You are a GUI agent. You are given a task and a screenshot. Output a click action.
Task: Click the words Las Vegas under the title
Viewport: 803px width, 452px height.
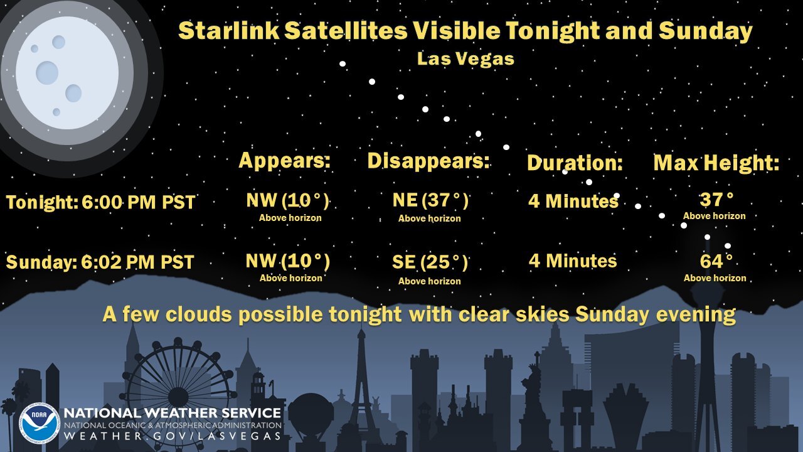click(465, 60)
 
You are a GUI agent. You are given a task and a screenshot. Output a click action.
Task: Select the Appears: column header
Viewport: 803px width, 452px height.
click(284, 161)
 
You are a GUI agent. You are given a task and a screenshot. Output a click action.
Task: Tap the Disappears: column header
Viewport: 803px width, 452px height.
click(428, 161)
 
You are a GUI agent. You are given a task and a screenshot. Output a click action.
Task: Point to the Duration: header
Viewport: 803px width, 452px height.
click(574, 163)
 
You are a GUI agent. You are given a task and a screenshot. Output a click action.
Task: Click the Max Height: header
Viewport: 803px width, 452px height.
click(716, 163)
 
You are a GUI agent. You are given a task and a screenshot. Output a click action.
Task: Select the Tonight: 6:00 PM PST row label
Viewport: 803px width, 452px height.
click(100, 203)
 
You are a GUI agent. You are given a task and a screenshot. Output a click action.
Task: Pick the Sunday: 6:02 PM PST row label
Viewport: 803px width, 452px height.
click(100, 262)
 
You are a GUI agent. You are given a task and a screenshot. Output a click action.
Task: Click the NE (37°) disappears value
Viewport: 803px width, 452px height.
click(430, 200)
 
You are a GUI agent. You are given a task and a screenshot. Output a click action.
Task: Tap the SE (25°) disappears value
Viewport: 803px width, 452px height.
click(430, 262)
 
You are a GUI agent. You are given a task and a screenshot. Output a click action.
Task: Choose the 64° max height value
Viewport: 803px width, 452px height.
click(716, 261)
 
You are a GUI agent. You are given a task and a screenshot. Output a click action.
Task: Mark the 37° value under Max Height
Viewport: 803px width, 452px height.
click(716, 200)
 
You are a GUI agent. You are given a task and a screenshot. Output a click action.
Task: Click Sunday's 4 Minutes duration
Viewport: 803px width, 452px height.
click(572, 261)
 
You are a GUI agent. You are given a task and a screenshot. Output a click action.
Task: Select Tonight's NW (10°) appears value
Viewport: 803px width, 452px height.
click(287, 200)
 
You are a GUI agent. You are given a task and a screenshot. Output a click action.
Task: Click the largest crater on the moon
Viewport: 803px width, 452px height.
click(46, 73)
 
